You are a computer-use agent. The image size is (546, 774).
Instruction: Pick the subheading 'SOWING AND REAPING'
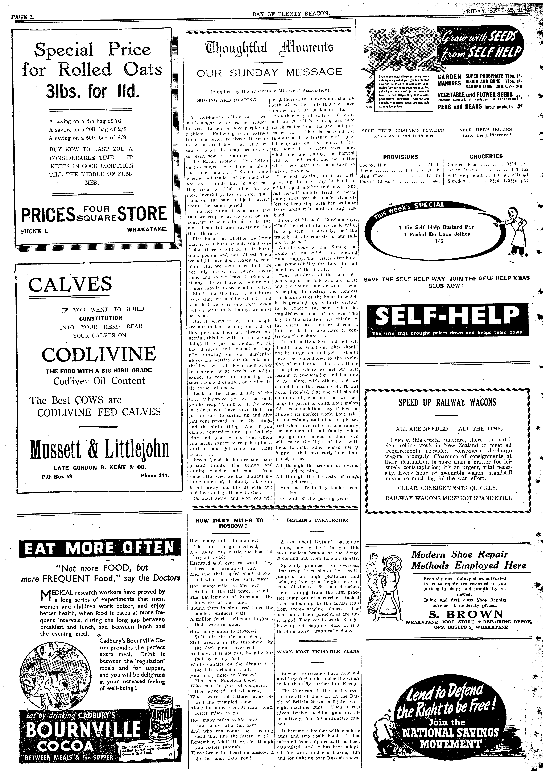[227, 100]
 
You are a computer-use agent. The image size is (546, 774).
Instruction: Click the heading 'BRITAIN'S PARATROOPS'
[317, 520]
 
